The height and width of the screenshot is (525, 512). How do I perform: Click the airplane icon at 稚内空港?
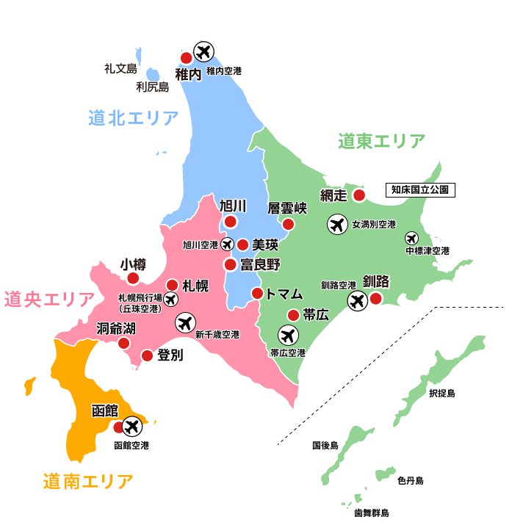pos(203,52)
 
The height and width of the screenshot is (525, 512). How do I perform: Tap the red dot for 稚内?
pos(187,57)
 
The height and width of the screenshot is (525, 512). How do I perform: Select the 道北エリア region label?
pos(133,117)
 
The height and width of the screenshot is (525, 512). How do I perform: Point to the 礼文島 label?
pos(120,69)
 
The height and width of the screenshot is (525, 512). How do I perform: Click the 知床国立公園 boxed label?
pos(420,189)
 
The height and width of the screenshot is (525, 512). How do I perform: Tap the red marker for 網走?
pos(358,195)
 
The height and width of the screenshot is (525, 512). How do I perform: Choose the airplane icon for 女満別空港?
pos(338,224)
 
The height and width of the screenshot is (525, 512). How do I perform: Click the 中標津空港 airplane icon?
pos(411,238)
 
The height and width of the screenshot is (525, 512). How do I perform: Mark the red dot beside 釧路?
pos(375,298)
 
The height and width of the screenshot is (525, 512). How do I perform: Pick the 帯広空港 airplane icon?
pos(288,336)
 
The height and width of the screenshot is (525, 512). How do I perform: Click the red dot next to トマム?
pos(258,293)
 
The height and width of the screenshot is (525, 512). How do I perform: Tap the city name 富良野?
pos(261,264)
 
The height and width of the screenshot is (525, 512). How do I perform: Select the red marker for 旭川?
pos(231,222)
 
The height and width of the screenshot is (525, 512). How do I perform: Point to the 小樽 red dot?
pos(133,278)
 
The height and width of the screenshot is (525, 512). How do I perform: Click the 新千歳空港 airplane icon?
pos(185,322)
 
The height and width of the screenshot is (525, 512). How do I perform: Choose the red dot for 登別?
pos(147,355)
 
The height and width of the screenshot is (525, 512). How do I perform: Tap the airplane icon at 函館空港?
pos(132,425)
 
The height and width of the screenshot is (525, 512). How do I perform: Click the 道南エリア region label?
pos(88,482)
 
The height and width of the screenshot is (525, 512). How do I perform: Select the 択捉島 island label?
pos(441,394)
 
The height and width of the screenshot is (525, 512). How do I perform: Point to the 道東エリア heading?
pos(381,141)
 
